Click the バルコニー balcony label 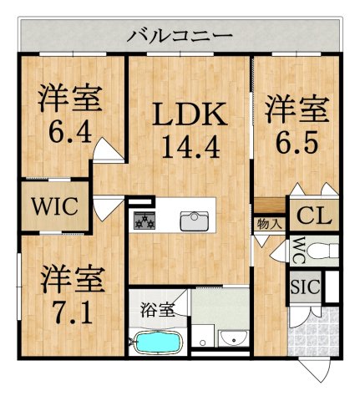click(180, 36)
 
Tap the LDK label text click(190, 114)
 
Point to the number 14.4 click(190, 147)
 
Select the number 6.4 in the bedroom click(70, 132)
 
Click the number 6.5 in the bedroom click(297, 143)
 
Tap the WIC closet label click(54, 206)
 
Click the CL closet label click(314, 216)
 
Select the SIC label click(305, 287)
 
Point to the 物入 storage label click(269, 224)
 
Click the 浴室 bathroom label click(157, 310)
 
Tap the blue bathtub click(158, 343)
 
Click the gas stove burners click(145, 221)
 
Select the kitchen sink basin click(195, 221)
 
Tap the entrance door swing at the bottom click(316, 371)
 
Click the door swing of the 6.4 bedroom click(108, 150)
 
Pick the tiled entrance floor click(314, 332)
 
